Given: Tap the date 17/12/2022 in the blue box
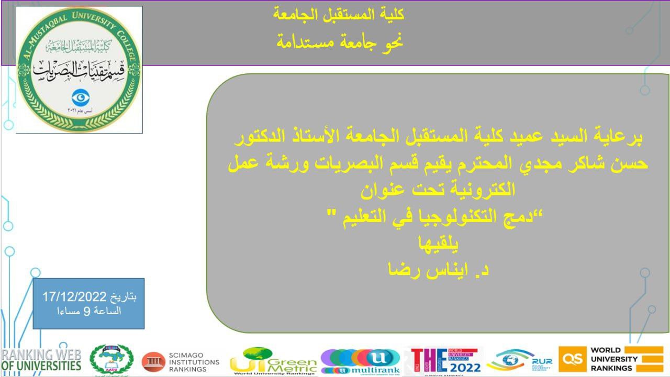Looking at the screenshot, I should tap(75, 296).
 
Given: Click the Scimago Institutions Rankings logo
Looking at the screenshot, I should tap(181, 361).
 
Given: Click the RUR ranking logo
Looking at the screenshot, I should tap(519, 360).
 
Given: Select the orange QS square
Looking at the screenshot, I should tap(572, 359).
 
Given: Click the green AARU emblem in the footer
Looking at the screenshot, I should tap(111, 360).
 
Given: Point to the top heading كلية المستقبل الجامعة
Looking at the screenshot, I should tap(339, 14).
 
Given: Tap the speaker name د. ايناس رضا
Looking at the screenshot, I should tap(438, 271).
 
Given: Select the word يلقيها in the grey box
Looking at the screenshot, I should tap(438, 245).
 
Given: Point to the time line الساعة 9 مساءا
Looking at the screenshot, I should tap(89, 311).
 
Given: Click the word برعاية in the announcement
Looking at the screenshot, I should tap(616, 139).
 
